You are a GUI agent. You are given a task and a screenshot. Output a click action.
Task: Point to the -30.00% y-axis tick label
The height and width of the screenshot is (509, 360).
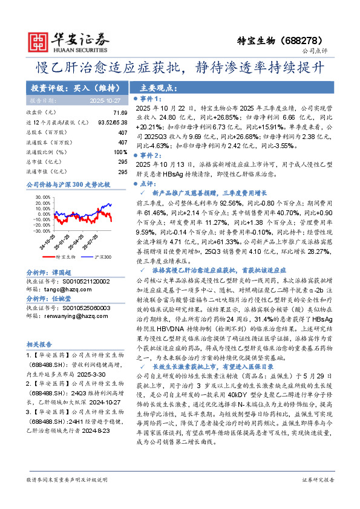[x=39, y=230]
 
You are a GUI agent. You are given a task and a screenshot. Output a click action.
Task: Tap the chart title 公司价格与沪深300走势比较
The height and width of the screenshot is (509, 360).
[x=68, y=184]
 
